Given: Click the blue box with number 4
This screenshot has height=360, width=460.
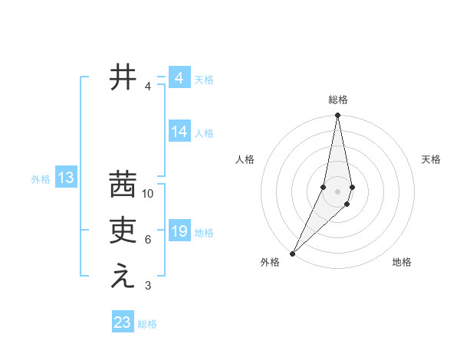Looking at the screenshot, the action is point(179,78).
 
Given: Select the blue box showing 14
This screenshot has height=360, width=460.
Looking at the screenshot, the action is point(179,132).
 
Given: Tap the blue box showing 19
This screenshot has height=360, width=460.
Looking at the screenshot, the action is point(179,231).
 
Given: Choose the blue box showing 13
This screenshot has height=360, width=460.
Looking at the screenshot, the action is point(66,178).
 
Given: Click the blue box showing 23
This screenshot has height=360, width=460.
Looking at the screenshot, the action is point(123,322).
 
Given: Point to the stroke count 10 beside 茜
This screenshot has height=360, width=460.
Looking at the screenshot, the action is point(148,194).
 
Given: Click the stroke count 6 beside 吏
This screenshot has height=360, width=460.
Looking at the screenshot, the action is point(148,240).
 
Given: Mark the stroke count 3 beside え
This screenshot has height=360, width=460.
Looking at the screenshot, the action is point(148,286).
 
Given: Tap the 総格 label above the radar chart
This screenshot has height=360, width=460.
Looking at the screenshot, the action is point(337,100).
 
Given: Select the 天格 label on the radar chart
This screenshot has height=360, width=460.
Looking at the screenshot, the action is point(432,159).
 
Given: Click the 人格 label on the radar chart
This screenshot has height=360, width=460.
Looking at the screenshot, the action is point(245,159).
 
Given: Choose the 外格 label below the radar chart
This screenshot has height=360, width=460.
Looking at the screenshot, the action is point(270,263).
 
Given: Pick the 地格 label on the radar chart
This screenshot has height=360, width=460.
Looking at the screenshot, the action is point(402,263).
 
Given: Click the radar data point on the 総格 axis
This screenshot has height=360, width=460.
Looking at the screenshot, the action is point(337,116).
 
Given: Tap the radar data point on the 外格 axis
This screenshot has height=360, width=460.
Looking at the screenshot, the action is point(293,253).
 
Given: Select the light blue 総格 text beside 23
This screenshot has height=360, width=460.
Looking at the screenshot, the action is point(147,324).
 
